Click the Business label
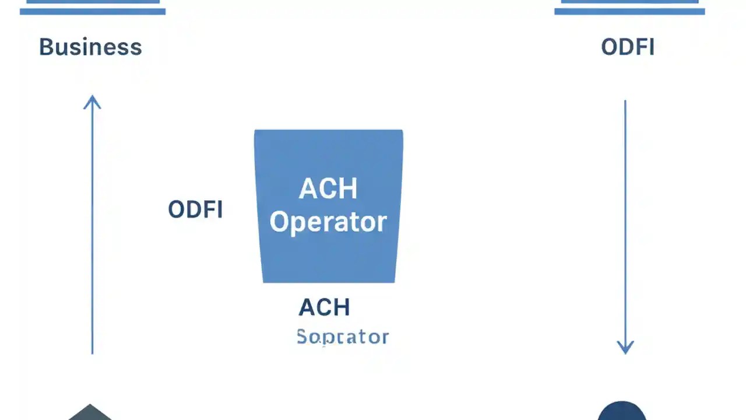click(90, 47)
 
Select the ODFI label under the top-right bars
click(628, 47)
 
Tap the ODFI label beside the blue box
click(195, 209)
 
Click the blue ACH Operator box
click(329, 257)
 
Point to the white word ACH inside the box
click(328, 189)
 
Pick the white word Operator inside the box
click(328, 222)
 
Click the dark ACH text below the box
click(324, 307)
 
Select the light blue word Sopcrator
click(343, 337)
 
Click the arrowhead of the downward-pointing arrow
click(625, 348)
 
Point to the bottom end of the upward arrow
click(92, 352)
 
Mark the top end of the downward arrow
click(625, 102)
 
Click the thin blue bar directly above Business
click(93, 11)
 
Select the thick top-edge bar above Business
click(93, 1)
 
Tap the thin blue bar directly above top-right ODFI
click(629, 11)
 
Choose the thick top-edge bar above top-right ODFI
click(629, 1)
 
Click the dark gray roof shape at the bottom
click(90, 413)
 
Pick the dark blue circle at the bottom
click(622, 412)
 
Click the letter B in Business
click(45, 47)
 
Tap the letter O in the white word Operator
click(280, 222)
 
